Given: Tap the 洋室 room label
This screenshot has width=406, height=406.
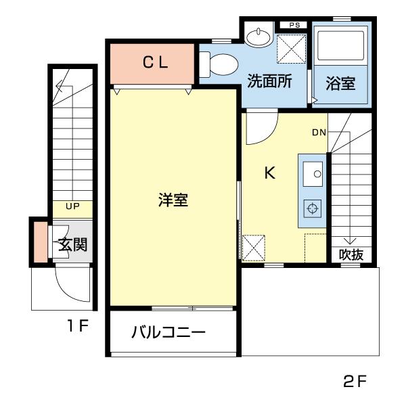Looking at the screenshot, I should [173, 201].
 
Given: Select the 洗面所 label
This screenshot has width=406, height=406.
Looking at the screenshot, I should [269, 82].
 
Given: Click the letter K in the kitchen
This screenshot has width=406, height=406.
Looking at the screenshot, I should [269, 173].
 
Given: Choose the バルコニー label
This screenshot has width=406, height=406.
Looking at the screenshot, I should [168, 333].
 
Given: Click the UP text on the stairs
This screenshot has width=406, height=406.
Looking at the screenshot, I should [72, 206].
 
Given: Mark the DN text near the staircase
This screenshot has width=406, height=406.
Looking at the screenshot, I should [319, 132].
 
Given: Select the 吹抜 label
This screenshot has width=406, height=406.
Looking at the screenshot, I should [351, 255].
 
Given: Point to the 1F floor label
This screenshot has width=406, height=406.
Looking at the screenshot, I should [78, 327].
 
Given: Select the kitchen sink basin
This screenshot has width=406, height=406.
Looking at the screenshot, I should [314, 175].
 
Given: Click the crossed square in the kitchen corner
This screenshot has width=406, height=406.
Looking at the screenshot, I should [254, 248].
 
